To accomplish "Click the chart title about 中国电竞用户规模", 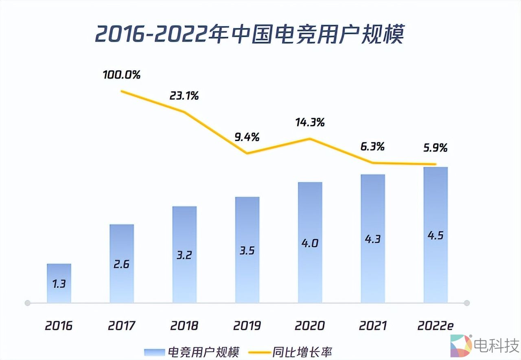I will point(249,35).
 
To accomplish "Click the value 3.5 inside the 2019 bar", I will point(247,250).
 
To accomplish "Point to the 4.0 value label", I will point(310,243).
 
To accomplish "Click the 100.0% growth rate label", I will point(121,75).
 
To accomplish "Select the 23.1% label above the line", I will point(184,96).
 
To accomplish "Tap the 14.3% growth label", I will point(310,122).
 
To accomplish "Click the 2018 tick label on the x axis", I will point(184,326).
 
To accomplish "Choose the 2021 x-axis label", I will point(372,326).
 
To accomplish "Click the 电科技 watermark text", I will point(496,345).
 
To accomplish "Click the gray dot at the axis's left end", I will point(28,303).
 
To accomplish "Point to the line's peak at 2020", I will point(310,138).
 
